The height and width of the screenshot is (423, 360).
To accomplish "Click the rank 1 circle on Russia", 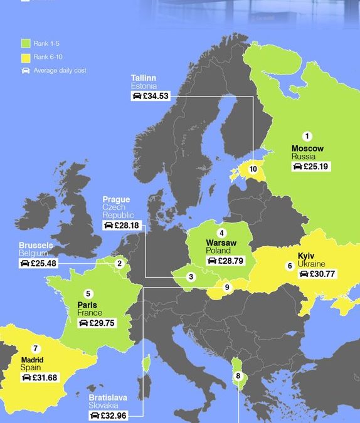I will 307,136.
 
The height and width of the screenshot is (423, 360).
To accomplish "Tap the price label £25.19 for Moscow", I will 310,167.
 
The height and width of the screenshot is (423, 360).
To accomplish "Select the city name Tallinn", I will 143,77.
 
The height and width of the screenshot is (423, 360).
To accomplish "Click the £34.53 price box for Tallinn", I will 150,96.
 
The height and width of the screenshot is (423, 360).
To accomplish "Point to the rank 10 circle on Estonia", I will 253,169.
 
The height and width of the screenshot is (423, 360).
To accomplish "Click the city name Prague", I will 116,200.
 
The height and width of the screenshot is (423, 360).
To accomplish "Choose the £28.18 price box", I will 122,225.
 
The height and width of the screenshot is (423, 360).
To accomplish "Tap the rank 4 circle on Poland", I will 221,232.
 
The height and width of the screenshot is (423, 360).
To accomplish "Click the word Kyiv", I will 306,256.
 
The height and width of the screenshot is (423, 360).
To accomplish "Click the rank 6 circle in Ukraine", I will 289,266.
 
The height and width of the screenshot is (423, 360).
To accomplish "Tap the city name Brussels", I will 36,244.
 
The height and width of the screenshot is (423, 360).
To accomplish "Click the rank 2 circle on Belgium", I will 119,264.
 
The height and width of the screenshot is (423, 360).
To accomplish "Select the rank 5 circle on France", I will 88,293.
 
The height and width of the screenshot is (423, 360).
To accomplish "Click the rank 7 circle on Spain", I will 36,348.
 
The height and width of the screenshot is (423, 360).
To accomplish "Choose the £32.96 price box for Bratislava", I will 108,415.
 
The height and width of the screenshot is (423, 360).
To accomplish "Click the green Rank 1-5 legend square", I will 26,43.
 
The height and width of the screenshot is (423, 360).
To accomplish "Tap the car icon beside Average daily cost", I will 26,71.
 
